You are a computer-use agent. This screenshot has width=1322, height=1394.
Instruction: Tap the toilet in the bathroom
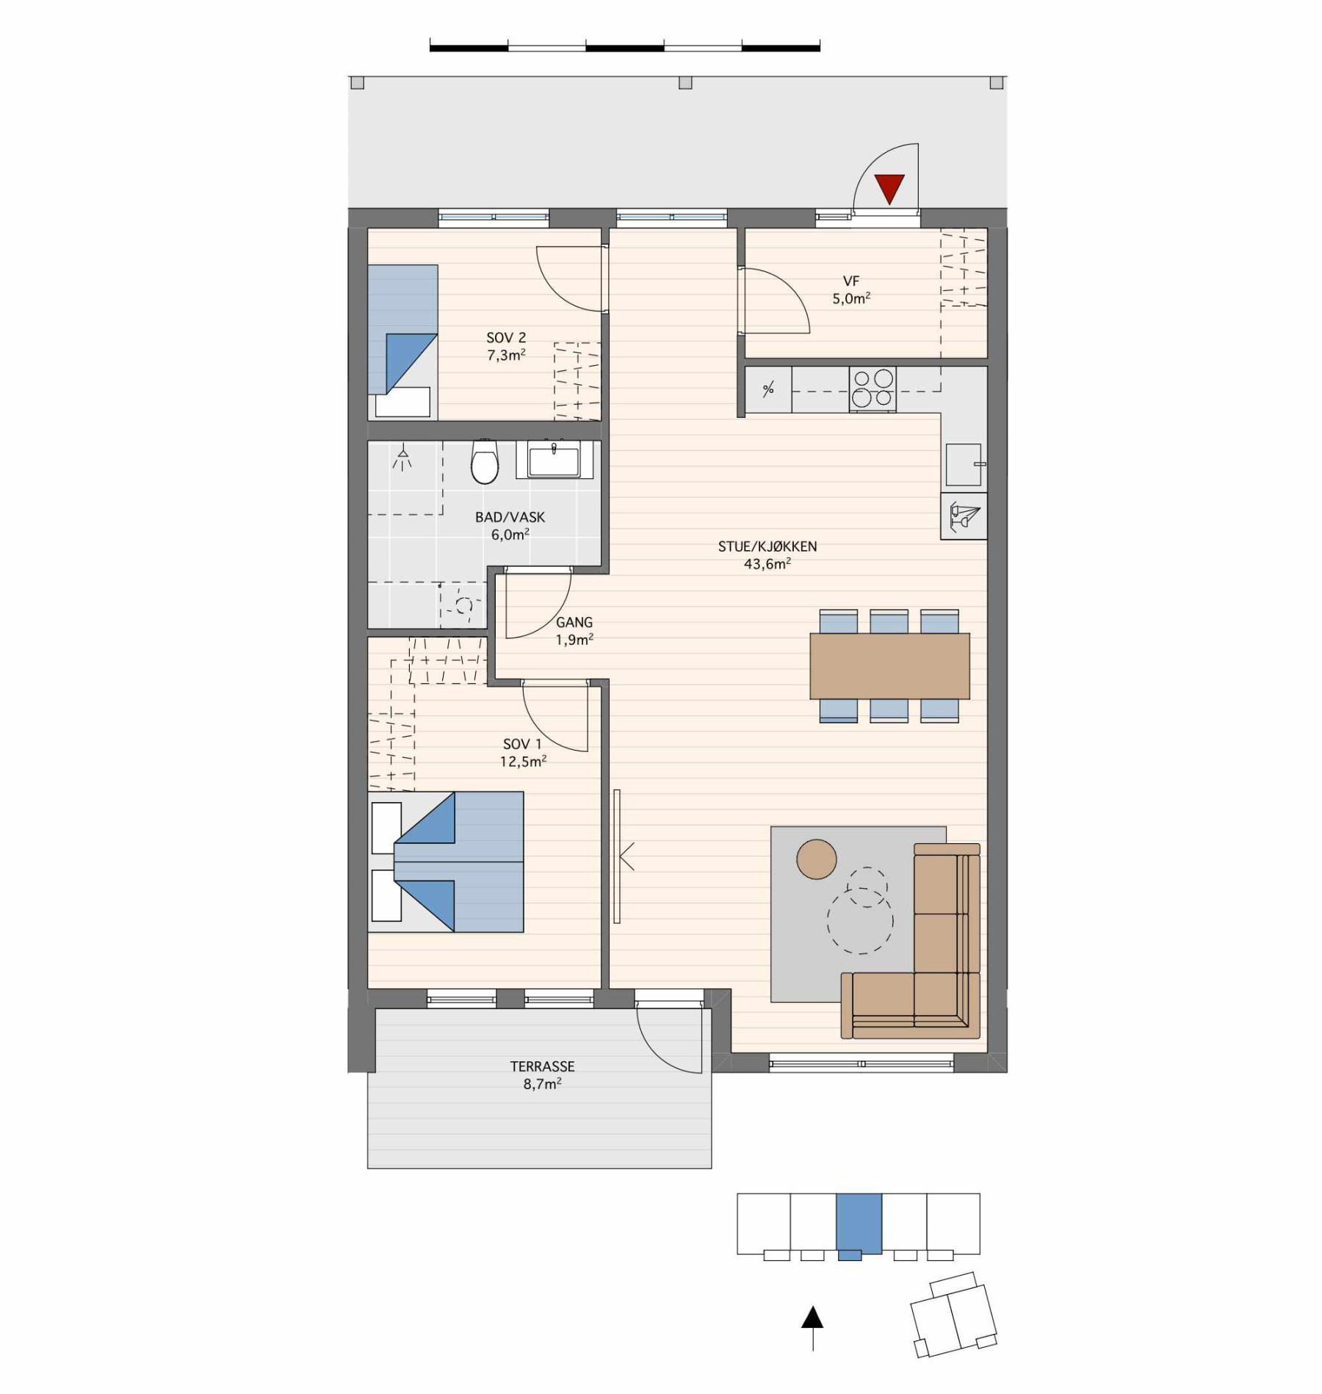coord(485,461)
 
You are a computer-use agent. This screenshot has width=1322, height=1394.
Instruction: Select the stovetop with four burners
coord(873,389)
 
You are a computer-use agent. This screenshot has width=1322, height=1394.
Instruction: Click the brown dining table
coord(889,666)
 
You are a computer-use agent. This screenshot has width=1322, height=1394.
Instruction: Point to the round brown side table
coord(817,859)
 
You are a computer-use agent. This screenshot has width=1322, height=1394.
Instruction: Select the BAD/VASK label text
coord(510,517)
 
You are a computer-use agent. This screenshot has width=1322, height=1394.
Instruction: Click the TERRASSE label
coord(543,1066)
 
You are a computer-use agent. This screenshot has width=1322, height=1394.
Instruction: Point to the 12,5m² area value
coord(523,762)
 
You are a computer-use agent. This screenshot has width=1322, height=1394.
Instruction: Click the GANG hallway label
coord(574,622)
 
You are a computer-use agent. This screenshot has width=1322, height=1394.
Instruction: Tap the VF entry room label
coord(851,281)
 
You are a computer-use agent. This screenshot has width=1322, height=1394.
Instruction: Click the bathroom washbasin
coord(555,460)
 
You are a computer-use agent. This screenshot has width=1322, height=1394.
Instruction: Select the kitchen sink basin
coord(964,465)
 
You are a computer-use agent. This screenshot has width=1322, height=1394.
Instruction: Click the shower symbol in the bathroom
coord(402,457)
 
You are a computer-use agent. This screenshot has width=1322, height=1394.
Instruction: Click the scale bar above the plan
coord(625,48)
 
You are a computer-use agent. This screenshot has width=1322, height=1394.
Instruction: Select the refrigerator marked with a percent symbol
coord(769,389)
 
